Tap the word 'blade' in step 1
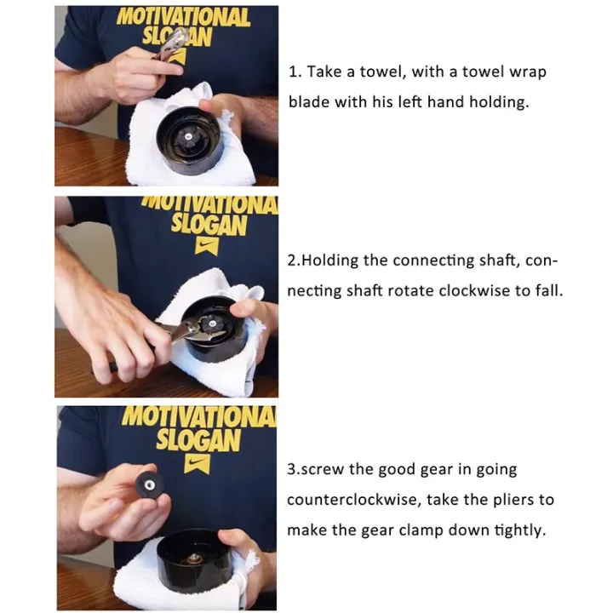(x=308, y=102)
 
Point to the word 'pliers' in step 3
(x=513, y=501)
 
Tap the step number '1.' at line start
(x=295, y=72)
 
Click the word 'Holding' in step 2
(x=330, y=261)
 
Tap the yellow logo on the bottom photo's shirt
(x=198, y=464)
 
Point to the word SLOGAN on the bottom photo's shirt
(x=198, y=441)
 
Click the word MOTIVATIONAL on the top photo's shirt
(x=183, y=18)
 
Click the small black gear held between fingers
(x=148, y=486)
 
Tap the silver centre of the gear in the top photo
(x=188, y=136)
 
